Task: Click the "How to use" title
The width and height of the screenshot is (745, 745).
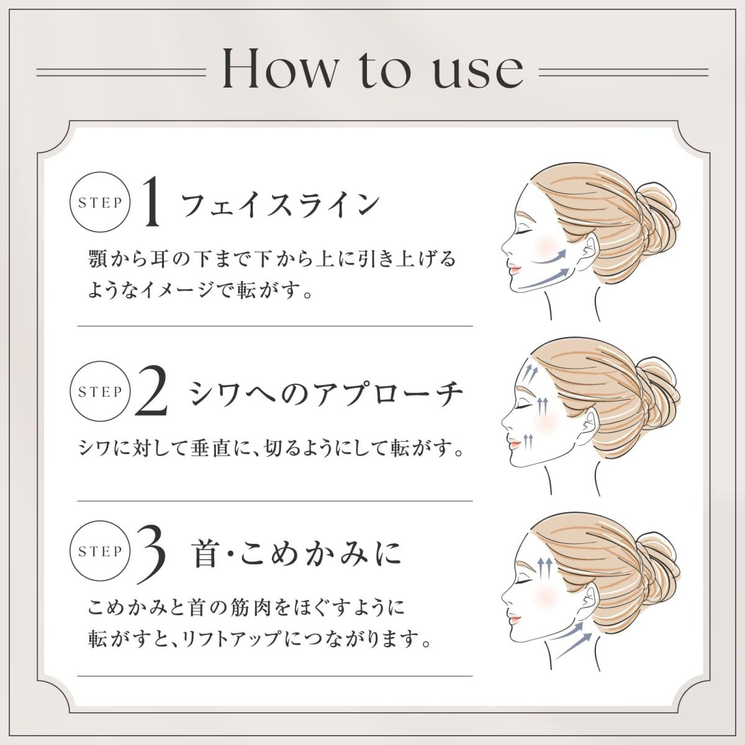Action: coord(372,70)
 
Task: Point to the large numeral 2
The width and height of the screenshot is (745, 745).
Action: coord(151,393)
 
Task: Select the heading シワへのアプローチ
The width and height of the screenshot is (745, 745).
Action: coord(326,393)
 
